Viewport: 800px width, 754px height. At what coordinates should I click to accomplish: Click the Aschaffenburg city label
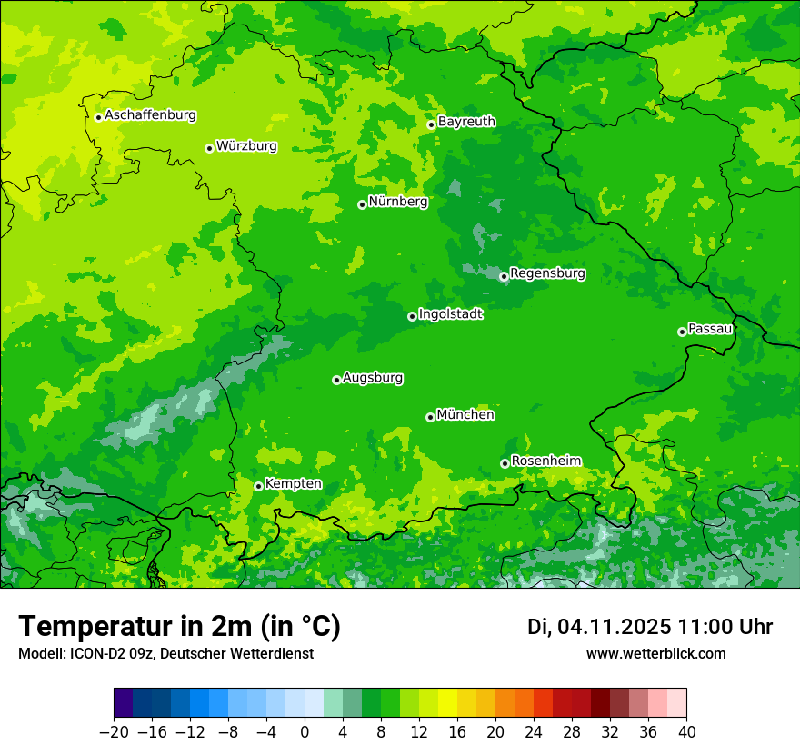[150, 115]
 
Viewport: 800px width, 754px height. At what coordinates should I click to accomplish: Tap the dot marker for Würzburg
[209, 148]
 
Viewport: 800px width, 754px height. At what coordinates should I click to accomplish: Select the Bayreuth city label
[466, 122]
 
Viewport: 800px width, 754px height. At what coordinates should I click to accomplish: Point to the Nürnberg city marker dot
[362, 204]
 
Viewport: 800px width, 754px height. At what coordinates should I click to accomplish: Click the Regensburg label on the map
[547, 273]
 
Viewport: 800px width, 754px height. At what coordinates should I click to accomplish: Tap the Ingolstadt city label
[450, 314]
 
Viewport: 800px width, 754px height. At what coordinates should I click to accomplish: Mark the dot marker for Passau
[682, 332]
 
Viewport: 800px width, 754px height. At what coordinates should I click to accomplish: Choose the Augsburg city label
[373, 378]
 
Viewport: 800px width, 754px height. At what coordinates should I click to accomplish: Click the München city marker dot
[430, 417]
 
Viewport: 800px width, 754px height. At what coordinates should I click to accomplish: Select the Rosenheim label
[545, 461]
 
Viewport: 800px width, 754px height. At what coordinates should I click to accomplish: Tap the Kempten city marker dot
[258, 486]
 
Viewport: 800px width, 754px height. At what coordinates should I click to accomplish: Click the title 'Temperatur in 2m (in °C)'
[180, 627]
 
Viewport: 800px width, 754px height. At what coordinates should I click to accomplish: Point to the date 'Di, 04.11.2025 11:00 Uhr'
[650, 627]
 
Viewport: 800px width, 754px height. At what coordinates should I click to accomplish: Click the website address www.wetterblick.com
[656, 653]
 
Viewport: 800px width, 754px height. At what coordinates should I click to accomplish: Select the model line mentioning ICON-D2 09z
[165, 653]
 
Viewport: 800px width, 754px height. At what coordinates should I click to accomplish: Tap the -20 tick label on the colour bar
[114, 732]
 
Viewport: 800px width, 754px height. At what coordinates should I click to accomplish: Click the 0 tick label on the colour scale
[305, 732]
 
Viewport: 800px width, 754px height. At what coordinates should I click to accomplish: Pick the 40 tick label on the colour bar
[686, 732]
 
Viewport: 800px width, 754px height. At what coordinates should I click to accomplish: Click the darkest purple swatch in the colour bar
[124, 703]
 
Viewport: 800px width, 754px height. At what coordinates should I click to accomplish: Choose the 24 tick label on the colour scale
[534, 732]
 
